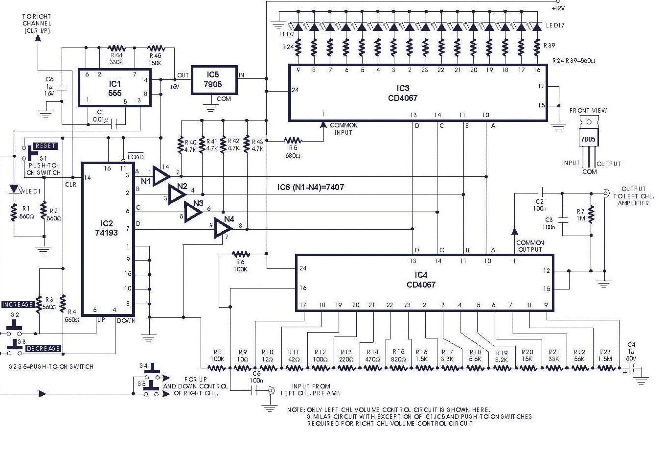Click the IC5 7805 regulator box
point(214,80)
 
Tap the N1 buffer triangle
point(161,176)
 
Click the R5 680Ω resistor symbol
point(294,141)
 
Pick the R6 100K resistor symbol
point(240,254)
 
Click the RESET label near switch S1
point(46,146)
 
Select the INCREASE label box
point(18,304)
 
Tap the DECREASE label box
point(43,349)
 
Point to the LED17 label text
point(555,25)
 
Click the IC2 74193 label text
point(106,228)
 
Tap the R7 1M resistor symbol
point(591,213)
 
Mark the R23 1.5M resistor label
point(605,355)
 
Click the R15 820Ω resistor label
point(398,355)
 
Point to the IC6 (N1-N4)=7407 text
point(310,187)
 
